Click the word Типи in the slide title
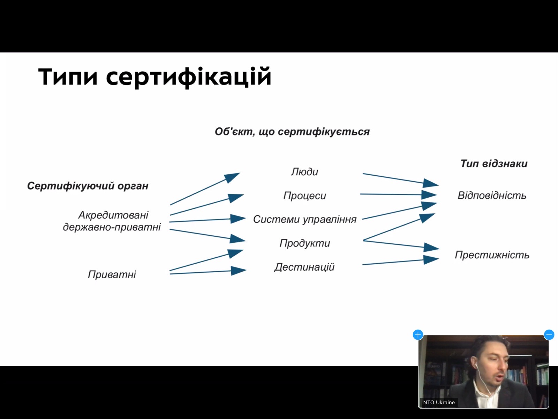coord(68,76)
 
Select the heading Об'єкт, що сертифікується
coord(292,132)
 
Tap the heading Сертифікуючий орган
coord(88,186)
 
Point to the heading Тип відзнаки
coord(494,163)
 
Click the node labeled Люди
coord(304,172)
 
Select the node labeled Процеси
coord(304,196)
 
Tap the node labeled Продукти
coord(305,243)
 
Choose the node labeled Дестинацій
coord(304,267)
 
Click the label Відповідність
coord(492,196)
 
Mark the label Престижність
coord(492,255)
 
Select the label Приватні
coord(112,274)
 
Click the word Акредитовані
coord(113,215)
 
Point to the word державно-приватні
coord(112,227)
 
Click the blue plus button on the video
coord(418,335)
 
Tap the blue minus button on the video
coord(549,335)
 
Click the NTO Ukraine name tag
coord(439,403)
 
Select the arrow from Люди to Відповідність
coord(401,179)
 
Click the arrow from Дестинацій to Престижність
coord(401,262)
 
